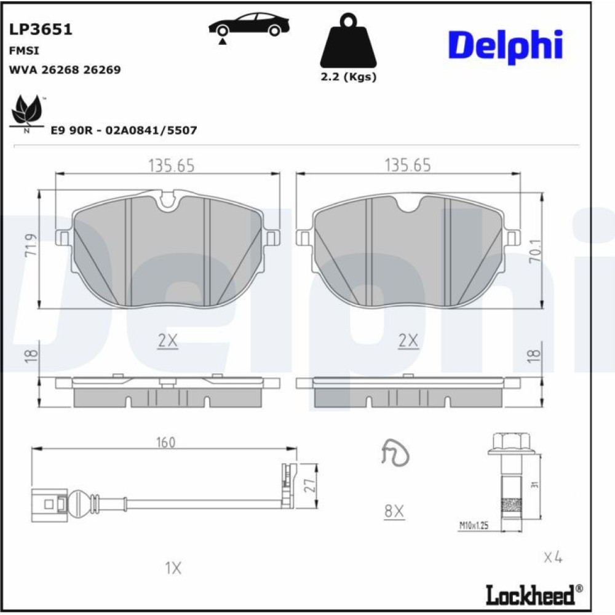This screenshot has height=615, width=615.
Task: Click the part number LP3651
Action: coord(41,30)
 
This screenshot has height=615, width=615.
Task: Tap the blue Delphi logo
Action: coord(506,46)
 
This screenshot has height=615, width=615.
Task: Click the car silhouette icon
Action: coord(248,26)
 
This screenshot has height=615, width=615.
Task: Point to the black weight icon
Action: coord(348,41)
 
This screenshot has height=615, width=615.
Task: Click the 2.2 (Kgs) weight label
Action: coord(348,76)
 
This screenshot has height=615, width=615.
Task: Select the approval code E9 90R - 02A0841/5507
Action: coord(124,130)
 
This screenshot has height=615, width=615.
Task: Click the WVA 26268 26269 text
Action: coord(65,70)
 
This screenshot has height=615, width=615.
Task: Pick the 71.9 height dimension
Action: coord(31,245)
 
